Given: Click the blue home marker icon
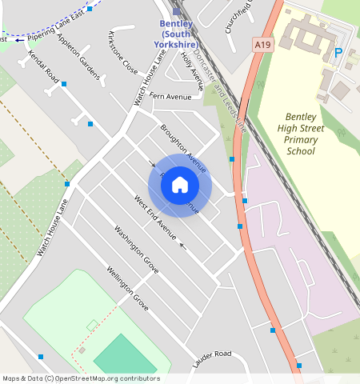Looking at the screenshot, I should click(x=180, y=186).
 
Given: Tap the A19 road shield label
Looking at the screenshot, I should click(x=261, y=45).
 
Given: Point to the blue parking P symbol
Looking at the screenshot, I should click(x=338, y=53).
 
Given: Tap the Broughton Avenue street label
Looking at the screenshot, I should click(x=182, y=148).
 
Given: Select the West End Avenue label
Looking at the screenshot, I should click(x=155, y=217).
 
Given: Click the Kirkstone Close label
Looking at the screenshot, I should click(x=123, y=54).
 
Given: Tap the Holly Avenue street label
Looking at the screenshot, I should click(x=192, y=67).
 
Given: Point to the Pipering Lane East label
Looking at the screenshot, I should click(x=55, y=33).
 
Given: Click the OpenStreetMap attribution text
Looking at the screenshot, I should click(x=81, y=378).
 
